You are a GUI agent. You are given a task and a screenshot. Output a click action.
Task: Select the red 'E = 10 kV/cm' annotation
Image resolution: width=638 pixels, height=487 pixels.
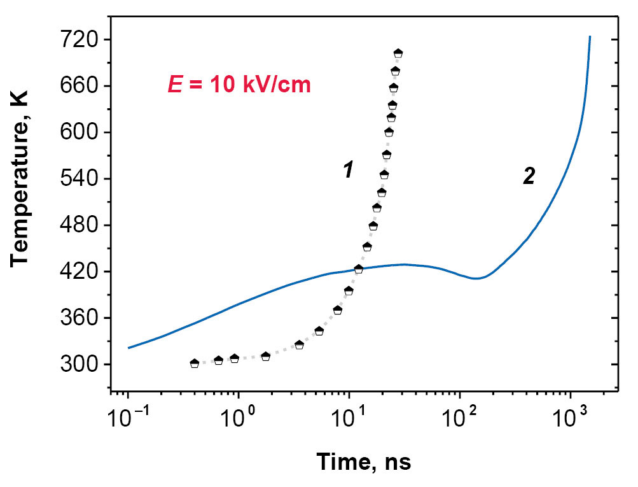pos(239,85)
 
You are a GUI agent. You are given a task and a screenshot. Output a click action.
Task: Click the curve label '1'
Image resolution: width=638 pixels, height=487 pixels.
pos(348,170)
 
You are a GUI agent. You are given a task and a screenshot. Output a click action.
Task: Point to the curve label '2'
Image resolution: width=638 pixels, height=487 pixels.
pos(529,176)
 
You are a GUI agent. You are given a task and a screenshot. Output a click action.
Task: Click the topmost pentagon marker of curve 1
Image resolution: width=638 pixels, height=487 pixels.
pos(398,53)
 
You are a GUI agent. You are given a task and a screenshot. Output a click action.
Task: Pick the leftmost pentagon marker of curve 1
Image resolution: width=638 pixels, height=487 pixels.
pos(195,363)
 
